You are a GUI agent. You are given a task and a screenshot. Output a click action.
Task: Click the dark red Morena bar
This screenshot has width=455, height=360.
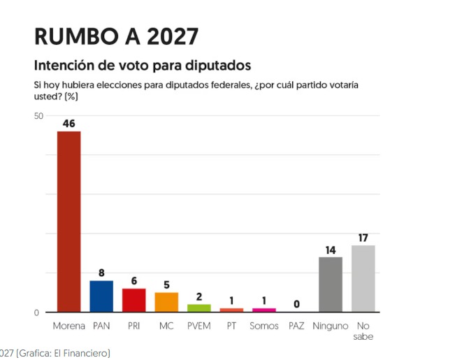click(x=68, y=222)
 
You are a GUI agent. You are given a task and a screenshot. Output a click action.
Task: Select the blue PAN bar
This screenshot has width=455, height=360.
click(x=101, y=296)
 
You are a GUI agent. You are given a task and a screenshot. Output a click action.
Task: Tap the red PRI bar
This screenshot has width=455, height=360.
click(x=133, y=300)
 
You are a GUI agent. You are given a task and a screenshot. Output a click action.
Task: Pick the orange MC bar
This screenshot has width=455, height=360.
click(x=166, y=302)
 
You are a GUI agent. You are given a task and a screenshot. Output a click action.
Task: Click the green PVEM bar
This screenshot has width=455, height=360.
click(x=198, y=308)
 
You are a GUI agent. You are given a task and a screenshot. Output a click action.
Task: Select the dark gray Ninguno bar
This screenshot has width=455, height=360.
click(x=331, y=285)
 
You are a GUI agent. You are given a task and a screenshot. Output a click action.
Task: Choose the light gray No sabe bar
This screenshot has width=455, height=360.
click(x=363, y=279)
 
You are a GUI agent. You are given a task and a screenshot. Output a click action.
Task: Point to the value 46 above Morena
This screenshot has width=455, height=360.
click(x=68, y=124)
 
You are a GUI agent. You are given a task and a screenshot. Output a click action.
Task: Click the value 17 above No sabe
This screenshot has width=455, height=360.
click(x=363, y=238)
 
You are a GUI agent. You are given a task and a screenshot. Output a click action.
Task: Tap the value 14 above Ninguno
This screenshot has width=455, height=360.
click(x=331, y=250)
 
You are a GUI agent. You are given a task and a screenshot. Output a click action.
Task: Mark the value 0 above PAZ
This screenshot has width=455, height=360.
click(x=296, y=304)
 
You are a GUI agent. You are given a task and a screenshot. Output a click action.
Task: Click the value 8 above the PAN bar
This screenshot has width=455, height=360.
click(x=101, y=273)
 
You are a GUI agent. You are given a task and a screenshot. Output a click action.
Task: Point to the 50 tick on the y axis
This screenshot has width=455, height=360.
click(x=38, y=116)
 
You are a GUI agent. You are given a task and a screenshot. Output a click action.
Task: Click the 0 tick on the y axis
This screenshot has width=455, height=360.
click(x=36, y=312)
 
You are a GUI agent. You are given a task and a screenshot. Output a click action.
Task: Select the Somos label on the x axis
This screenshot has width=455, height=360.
click(x=263, y=326)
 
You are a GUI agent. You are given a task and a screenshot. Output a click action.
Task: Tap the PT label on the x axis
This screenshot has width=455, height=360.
click(x=231, y=326)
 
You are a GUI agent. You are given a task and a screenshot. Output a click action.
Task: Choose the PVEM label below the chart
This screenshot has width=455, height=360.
click(x=198, y=326)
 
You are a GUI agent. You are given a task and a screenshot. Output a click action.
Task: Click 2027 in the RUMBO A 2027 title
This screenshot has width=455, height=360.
click(x=173, y=36)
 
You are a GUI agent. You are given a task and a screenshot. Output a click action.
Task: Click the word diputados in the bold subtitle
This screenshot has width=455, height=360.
click(x=218, y=65)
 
